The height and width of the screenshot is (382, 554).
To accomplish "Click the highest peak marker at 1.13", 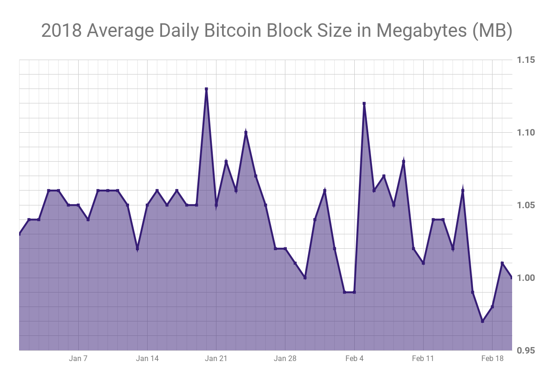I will pos(206,89).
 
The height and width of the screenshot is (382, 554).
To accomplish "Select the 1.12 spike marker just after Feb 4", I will pos(364,103).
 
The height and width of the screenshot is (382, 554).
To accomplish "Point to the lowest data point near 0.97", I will pos(482,321).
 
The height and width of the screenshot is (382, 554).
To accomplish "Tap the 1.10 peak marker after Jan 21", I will pos(246,133).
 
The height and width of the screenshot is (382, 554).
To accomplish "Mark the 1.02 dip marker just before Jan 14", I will pos(137,249).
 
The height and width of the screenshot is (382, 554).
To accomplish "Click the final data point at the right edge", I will pos(512,278).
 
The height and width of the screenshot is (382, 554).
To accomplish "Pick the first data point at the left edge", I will pos(20,234).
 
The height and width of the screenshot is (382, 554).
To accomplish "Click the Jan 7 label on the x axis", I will pos(78,358).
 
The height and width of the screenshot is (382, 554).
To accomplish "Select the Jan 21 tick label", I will pos(216,358).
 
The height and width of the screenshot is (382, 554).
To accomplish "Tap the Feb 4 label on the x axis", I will pos(354,358).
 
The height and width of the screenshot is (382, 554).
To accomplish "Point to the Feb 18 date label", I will pos(492,358).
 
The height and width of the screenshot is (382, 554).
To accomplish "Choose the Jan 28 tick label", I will pos(285,358).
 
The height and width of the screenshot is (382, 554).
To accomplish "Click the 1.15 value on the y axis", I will pos(526,60).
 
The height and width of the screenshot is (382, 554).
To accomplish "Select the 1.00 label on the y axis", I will pos(526,278).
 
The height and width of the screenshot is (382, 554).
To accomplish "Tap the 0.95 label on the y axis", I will pos(526,350).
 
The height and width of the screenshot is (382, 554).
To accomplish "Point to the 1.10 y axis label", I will pos(526,133).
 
